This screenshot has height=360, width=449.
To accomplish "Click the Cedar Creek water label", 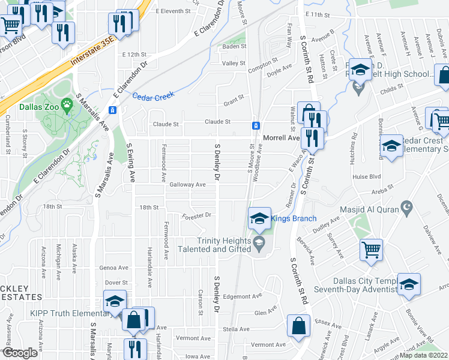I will (152, 95).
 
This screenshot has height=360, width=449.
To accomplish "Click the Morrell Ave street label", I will (281, 138).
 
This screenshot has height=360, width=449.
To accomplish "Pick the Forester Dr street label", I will (196, 215).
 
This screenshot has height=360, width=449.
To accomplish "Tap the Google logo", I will (20, 353).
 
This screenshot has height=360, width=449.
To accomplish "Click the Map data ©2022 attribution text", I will (424, 355).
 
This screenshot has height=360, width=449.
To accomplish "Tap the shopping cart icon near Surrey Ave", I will (371, 249).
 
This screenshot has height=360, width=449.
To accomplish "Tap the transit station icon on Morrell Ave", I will (256, 125).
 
